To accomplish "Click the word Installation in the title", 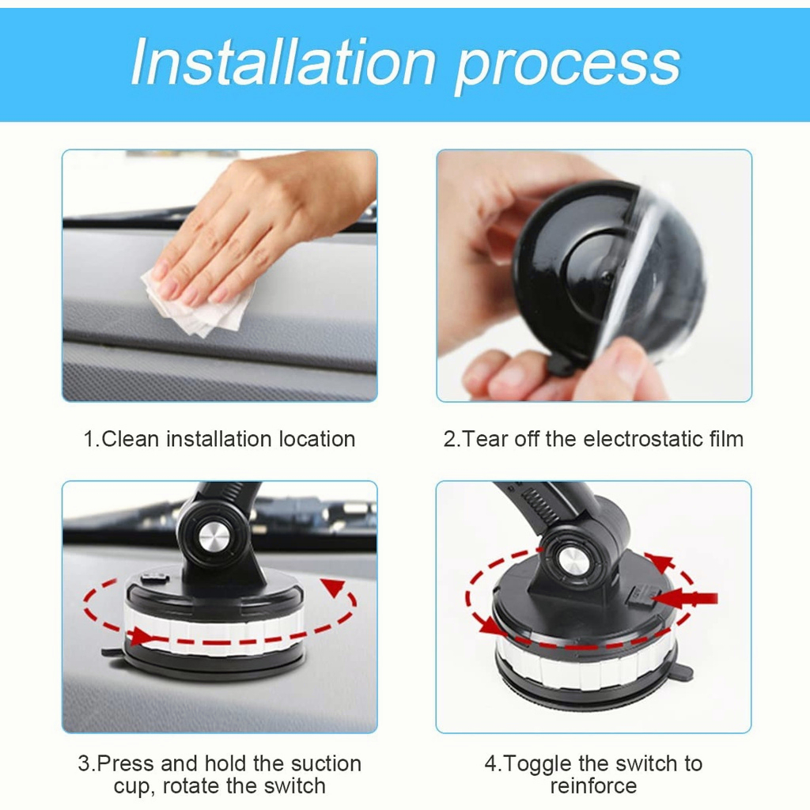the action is click(283, 62).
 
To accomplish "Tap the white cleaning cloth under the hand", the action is click(199, 303).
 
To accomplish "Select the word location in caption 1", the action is click(316, 439).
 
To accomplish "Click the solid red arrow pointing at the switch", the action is click(684, 599).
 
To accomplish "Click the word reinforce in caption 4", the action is click(593, 786).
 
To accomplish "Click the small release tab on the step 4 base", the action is click(683, 672).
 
